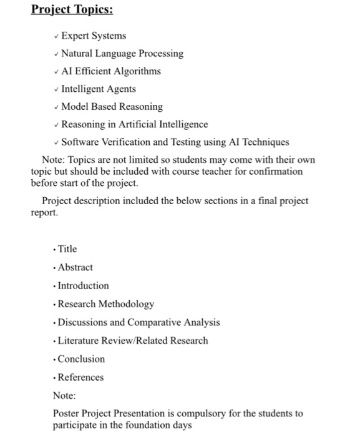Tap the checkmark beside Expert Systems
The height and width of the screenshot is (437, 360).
click(56, 36)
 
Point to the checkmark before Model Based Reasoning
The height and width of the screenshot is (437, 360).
click(56, 107)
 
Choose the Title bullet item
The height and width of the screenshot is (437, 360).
click(67, 249)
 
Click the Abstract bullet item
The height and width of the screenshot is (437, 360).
click(75, 267)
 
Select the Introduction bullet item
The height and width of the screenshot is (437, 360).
click(83, 286)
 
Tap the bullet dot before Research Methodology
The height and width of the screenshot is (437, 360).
click(55, 305)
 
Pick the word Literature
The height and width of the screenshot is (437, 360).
click(79, 341)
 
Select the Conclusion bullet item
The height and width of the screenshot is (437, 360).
click(81, 359)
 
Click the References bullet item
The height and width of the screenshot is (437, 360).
click(80, 377)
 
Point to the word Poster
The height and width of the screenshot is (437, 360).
click(67, 413)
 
